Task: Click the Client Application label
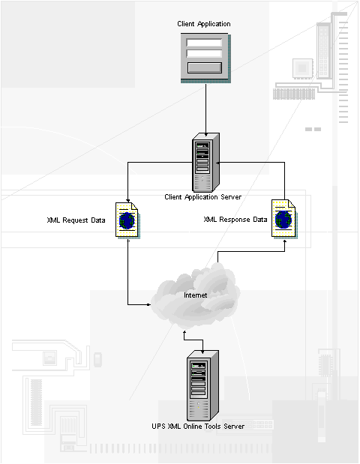204,24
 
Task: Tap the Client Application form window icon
205,58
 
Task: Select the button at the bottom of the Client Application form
205,67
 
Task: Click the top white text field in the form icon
204,43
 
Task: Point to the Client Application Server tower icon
205,163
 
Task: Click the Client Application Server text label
202,197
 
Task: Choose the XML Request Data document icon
127,220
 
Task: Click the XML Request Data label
76,220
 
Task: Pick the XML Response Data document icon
284,219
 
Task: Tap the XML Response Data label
235,220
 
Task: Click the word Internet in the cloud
196,295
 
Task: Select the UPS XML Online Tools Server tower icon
202,385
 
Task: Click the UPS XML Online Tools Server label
198,427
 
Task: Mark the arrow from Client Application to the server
205,109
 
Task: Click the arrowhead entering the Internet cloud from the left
148,304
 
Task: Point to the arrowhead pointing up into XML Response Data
285,241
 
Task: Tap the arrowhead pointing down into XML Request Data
128,200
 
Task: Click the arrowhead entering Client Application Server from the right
218,162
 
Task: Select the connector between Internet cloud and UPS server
193,340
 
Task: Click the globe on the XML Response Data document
283,220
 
